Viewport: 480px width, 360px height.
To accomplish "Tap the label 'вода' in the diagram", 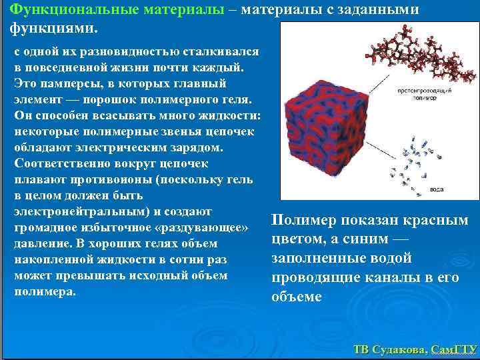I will click(x=437, y=189).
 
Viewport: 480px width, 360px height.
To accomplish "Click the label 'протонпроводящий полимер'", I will click(x=417, y=91).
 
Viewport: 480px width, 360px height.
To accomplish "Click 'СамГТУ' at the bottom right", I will click(x=453, y=349).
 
